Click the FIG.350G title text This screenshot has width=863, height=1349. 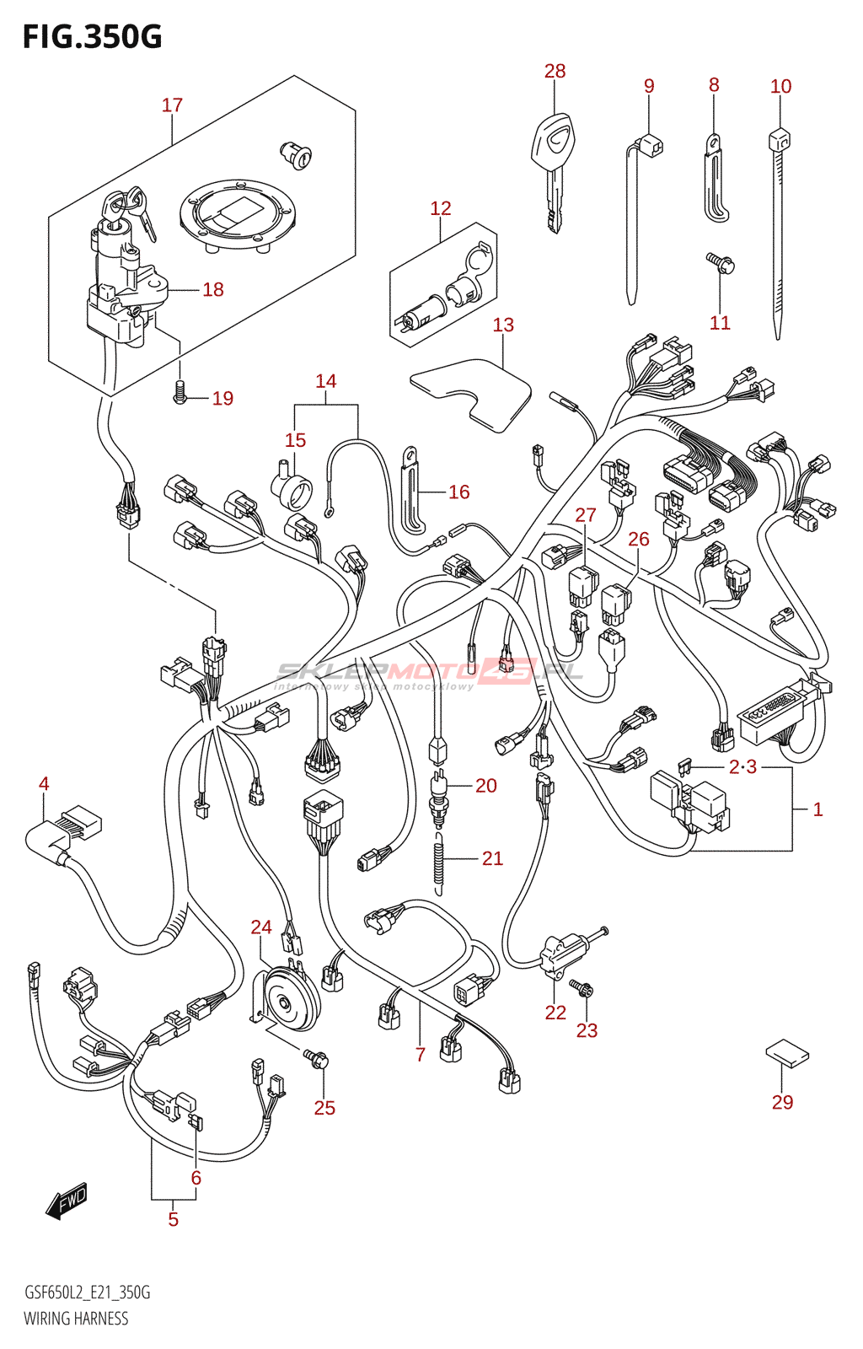pos(92,37)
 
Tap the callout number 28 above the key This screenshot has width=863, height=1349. pos(555,72)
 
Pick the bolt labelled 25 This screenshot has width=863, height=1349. pos(317,1058)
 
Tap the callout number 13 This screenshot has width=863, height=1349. pos(503,325)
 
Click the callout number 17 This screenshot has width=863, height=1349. pos(172,105)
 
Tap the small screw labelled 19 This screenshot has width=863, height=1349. pos(180,391)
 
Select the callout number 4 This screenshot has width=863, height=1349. pos(44,784)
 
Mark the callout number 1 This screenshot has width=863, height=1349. pos(817,809)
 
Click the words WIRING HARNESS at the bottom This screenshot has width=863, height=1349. pos(76,1319)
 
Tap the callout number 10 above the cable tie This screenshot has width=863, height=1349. pos(780,86)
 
